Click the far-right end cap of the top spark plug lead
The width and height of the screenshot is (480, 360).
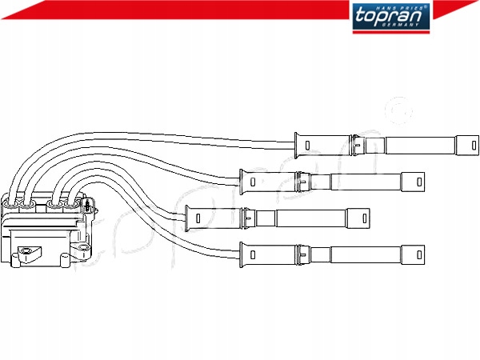pyautogui.click(x=466, y=146)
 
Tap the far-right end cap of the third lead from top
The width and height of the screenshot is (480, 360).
pyautogui.click(x=358, y=217)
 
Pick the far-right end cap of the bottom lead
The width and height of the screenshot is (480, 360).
pyautogui.click(x=412, y=254)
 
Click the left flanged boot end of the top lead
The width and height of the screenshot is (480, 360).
pyautogui.click(x=302, y=145)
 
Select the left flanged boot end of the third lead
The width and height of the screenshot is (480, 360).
pyautogui.click(x=192, y=217)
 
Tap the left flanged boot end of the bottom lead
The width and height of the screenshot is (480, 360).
pyautogui.click(x=247, y=254)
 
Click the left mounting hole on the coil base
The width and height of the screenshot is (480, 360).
pyautogui.click(x=30, y=254)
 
